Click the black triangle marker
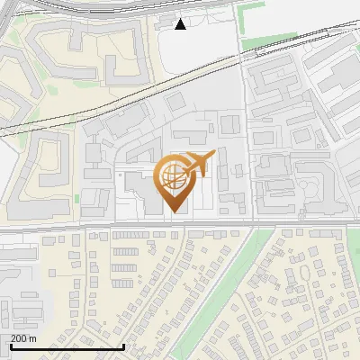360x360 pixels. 181,24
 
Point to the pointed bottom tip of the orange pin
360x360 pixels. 173,212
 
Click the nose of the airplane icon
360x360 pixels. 213,156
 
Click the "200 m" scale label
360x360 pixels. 24,337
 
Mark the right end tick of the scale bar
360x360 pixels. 123,345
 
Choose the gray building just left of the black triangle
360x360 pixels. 166,20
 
